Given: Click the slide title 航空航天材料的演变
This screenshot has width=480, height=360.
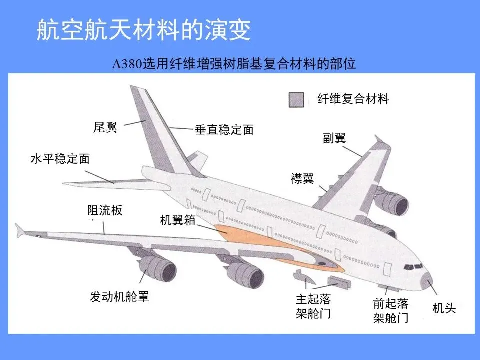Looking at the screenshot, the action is coord(143,31).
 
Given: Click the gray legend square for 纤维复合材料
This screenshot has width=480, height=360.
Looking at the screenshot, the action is coord(296,100).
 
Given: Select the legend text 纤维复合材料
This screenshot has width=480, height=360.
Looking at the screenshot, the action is coord(353,99).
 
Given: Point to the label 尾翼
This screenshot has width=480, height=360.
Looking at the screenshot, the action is coord(105,128).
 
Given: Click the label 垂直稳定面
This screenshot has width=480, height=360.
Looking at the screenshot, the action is coord(224,130).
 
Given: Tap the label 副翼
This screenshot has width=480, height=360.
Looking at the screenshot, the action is coord(334,138).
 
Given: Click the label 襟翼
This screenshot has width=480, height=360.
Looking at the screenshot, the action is coord(302,179).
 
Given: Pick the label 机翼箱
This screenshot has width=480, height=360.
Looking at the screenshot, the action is coord(177,220).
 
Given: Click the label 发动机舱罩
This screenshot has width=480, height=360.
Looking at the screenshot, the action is coord(119,297).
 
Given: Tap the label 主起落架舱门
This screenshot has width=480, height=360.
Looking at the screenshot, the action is coord(313,306).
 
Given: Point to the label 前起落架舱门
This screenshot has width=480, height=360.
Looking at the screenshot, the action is coord(391,310).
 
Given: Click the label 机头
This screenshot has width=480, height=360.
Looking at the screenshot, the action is coord(444,309).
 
